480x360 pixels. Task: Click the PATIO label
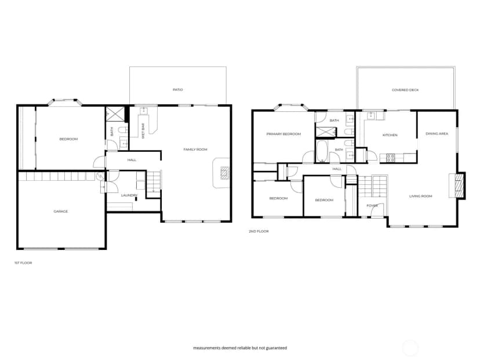(177, 90)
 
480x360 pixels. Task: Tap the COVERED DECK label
(405, 90)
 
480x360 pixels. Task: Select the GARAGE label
(61, 211)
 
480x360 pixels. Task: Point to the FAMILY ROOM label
(195, 150)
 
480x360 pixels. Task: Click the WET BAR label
(143, 131)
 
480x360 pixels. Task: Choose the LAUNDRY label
(129, 195)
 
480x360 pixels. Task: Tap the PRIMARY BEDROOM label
(283, 134)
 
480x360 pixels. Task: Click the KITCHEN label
(390, 135)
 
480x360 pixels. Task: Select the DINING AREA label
(437, 134)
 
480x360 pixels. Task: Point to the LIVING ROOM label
(421, 196)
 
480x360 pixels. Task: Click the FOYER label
(372, 206)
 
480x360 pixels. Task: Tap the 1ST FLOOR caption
(23, 263)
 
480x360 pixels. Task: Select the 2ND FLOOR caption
(259, 231)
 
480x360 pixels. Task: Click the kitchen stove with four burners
(390, 158)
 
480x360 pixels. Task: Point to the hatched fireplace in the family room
(225, 173)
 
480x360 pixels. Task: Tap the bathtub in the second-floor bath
(321, 151)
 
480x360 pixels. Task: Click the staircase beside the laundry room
(154, 184)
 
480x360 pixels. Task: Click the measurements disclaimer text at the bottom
(240, 348)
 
